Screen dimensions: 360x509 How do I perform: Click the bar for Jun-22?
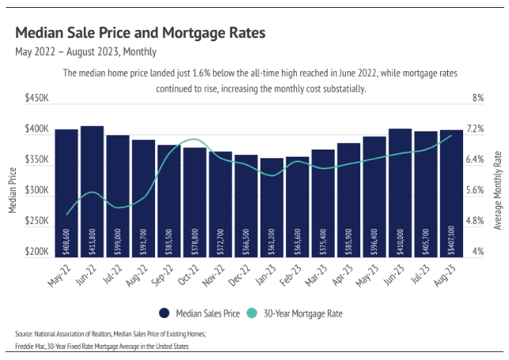point(92,190)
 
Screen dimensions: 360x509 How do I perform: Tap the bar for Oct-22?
point(195,201)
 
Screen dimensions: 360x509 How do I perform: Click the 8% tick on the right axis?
point(478,99)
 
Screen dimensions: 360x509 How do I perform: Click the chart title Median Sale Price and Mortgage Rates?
point(140,34)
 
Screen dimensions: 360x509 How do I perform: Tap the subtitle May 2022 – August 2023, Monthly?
point(85,52)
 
